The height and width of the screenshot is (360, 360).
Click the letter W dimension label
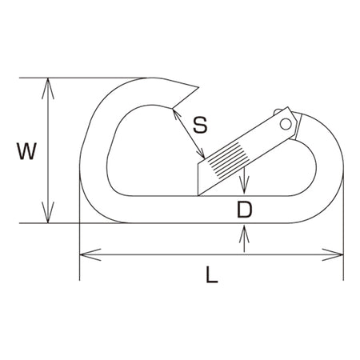[26, 151]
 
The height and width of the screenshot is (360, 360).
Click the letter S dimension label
[200, 125]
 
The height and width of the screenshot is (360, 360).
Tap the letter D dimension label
[244, 210]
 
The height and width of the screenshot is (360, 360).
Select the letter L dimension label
[212, 274]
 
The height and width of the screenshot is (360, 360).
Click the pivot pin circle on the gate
[286, 124]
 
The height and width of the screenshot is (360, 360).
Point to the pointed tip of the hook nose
[199, 87]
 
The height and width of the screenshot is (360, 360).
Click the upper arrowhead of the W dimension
[48, 88]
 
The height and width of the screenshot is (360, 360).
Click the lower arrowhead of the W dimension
[48, 213]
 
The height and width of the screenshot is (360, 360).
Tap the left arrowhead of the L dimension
[90, 254]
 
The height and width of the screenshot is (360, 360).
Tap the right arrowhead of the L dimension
[333, 254]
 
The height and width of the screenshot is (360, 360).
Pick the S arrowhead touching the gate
[201, 154]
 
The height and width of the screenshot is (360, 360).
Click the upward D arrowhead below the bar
[244, 234]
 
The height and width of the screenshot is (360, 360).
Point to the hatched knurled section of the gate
[228, 160]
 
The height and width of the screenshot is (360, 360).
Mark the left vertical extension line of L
[80, 226]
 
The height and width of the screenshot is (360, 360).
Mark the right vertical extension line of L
[343, 226]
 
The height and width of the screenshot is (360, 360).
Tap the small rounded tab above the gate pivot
[277, 111]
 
